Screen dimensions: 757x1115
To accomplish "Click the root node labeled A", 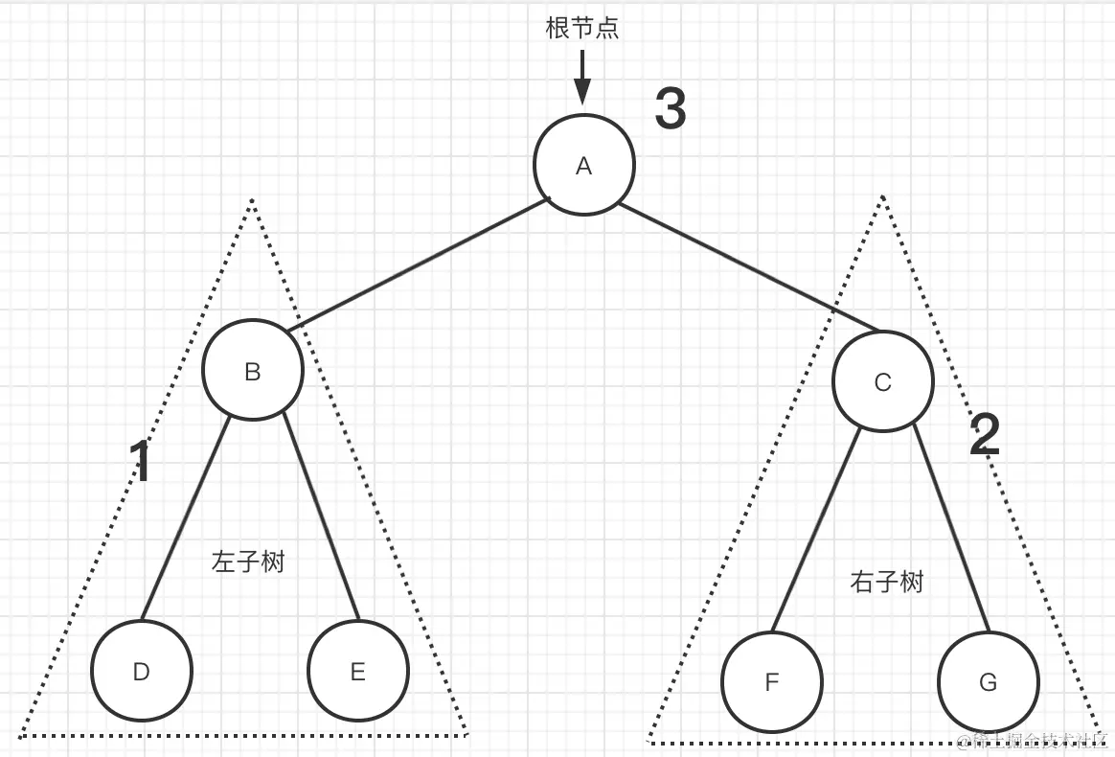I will (x=583, y=165).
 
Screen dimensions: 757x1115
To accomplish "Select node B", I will (x=253, y=371).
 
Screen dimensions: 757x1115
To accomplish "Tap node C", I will (x=882, y=382).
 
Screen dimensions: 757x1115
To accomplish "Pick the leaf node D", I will (x=142, y=671).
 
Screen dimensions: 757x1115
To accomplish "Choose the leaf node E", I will (x=358, y=671).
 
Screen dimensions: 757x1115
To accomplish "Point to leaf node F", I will (x=772, y=682).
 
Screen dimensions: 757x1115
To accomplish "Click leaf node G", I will (x=988, y=682).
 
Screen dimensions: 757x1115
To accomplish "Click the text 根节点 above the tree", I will (x=582, y=28).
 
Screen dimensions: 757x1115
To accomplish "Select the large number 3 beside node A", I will (x=671, y=108).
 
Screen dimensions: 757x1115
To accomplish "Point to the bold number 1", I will (x=141, y=462).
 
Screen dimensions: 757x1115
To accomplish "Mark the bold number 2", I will (x=985, y=436).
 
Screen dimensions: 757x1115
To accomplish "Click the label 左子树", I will (x=248, y=562).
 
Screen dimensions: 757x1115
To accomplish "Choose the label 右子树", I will (x=886, y=581).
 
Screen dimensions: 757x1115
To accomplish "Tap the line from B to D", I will (x=185, y=517).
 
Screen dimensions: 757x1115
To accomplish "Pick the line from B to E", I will (x=321, y=517).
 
